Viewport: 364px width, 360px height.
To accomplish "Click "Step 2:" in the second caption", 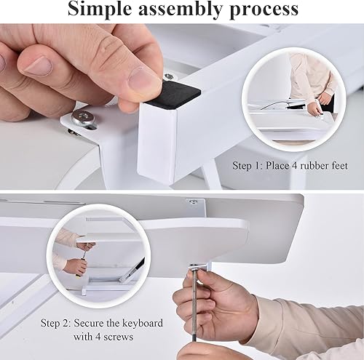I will click(x=59, y=322).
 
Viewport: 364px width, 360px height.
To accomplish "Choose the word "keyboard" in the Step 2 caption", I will click(x=140, y=322).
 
